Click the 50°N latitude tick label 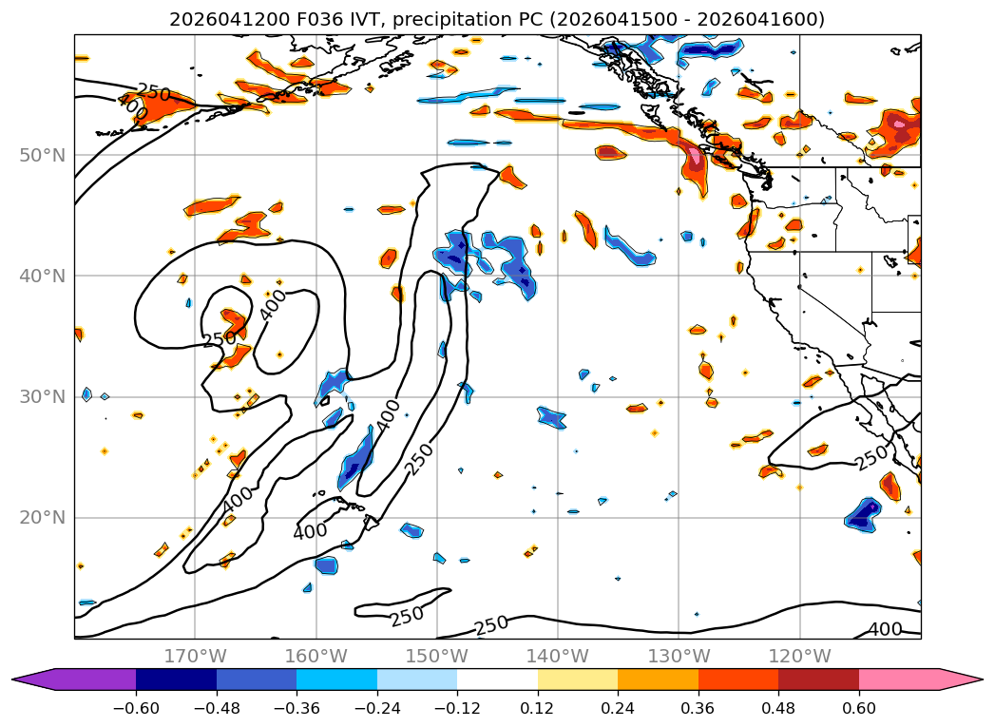click(x=42, y=156)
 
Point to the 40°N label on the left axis click(x=42, y=276)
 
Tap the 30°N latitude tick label click(x=42, y=397)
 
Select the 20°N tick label click(x=42, y=518)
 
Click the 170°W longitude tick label click(x=195, y=656)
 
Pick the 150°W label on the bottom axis click(x=437, y=656)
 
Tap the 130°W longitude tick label click(x=679, y=656)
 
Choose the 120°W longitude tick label click(x=800, y=656)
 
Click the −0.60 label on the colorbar click(x=136, y=708)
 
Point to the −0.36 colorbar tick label click(x=297, y=708)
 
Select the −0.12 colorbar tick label click(x=457, y=708)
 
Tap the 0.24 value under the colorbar click(x=618, y=708)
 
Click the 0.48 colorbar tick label click(x=778, y=708)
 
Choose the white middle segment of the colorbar click(x=498, y=679)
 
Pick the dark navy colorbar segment click(x=176, y=679)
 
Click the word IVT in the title click(x=368, y=20)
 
